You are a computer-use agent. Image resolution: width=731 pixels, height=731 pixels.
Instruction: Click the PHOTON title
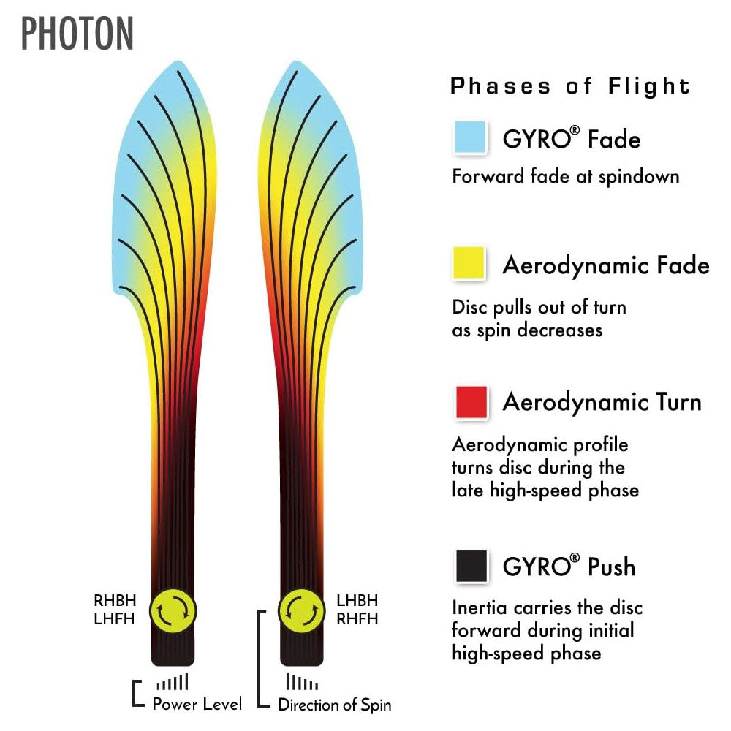[77, 33]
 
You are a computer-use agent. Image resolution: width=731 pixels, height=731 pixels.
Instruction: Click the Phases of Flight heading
[570, 86]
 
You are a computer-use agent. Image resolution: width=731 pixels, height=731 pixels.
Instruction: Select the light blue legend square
[470, 137]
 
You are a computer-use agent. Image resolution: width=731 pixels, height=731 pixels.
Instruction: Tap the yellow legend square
[470, 264]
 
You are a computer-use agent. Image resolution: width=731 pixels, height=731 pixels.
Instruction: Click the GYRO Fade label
[571, 138]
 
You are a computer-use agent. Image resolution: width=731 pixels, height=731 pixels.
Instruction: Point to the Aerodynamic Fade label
[606, 265]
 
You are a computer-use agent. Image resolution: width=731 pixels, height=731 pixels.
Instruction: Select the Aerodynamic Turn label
[602, 402]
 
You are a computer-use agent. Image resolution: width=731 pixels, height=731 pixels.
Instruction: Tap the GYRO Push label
[569, 567]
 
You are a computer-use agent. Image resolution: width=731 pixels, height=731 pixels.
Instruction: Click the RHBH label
[115, 601]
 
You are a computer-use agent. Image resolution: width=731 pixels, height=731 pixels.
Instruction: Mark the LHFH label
[115, 618]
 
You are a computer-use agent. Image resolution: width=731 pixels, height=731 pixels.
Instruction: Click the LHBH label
[357, 601]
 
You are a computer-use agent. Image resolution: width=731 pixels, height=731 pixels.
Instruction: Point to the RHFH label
[357, 618]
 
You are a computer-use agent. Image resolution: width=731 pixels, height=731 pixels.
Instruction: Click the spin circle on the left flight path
[173, 610]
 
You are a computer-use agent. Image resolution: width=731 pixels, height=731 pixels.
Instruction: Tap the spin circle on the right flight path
[302, 610]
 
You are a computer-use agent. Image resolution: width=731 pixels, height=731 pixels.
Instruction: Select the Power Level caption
[197, 705]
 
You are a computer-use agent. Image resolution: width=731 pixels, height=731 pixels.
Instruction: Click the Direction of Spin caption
[334, 705]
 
